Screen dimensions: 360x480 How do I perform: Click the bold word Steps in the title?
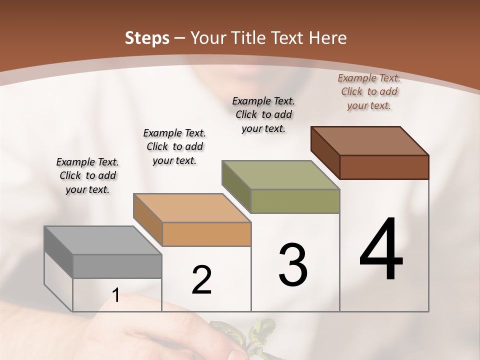[147, 38]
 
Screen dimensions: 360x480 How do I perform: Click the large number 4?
[381, 249]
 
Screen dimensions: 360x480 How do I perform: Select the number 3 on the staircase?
[293, 265]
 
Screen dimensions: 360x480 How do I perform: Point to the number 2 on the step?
[202, 280]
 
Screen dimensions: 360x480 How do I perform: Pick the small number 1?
[116, 296]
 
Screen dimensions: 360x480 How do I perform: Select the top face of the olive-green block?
[280, 175]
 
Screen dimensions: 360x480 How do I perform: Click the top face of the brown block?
[370, 140]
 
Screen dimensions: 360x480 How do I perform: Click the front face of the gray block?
[117, 266]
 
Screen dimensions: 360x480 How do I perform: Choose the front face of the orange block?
[207, 234]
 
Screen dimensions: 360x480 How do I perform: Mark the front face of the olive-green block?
[295, 201]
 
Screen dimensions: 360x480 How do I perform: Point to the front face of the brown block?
[384, 167]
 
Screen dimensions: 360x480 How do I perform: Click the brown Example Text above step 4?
[369, 91]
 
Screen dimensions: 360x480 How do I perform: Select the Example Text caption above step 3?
[263, 114]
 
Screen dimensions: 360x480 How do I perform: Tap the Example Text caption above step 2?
[174, 146]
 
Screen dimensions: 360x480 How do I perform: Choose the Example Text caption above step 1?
[87, 175]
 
